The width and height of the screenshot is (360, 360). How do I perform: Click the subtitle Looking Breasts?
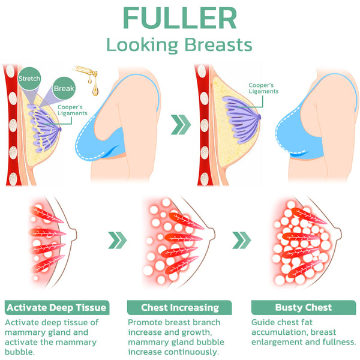179,45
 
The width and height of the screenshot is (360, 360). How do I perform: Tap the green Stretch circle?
29,79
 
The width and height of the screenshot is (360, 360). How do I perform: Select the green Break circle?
64,89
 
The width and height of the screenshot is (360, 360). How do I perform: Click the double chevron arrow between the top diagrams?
180,125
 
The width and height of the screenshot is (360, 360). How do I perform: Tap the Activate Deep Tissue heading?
56,308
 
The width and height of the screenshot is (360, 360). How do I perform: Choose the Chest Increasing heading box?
180,308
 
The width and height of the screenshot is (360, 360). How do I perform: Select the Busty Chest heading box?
303,308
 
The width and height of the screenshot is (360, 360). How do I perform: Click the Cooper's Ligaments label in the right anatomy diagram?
263,88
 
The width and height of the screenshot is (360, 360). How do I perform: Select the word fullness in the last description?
336,342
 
